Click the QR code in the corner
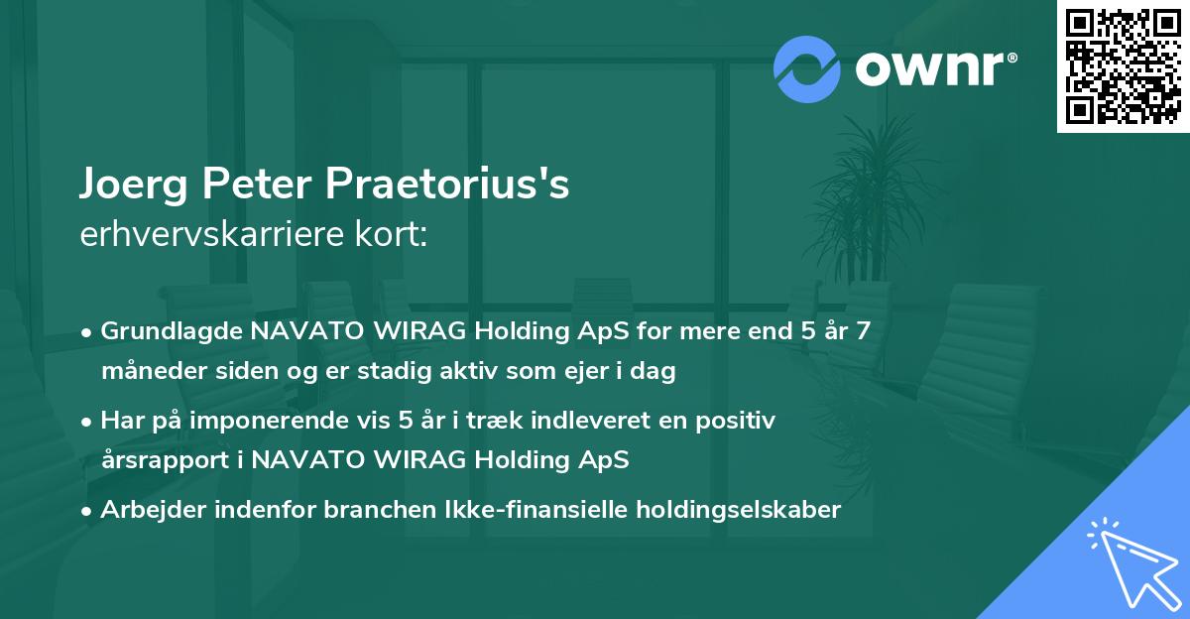[x=1123, y=65]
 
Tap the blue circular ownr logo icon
[x=807, y=68]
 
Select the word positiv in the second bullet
[x=742, y=421]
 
